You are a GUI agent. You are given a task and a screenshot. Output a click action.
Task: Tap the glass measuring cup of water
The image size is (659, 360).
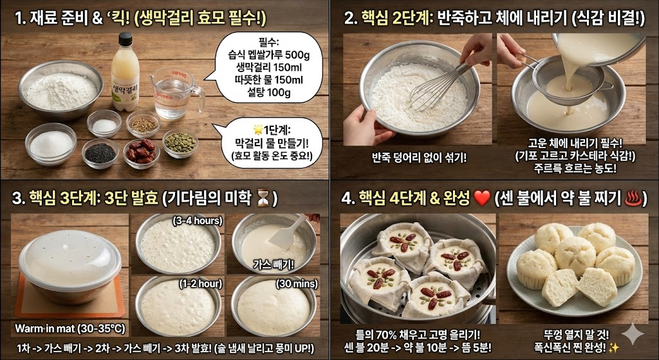click(x=172, y=94)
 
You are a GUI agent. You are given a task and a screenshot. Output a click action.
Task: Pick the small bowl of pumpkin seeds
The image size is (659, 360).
click(x=180, y=142)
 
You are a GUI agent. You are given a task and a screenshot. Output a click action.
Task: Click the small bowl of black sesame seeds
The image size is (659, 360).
click(x=101, y=153)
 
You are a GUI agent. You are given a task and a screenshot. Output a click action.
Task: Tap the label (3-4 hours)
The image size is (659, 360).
click(x=197, y=221)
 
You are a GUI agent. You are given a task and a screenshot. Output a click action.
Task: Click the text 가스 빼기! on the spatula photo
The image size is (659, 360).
click(x=273, y=263)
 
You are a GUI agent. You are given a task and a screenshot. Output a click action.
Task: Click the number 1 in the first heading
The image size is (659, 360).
click(x=19, y=18)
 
